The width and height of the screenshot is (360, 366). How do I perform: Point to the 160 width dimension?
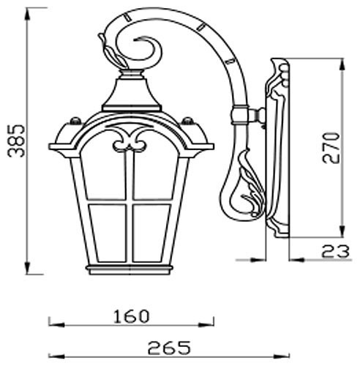(x=132, y=315)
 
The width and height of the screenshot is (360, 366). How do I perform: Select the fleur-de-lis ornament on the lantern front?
(x=132, y=139)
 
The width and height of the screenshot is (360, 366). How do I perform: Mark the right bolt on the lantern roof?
(x=189, y=121)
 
